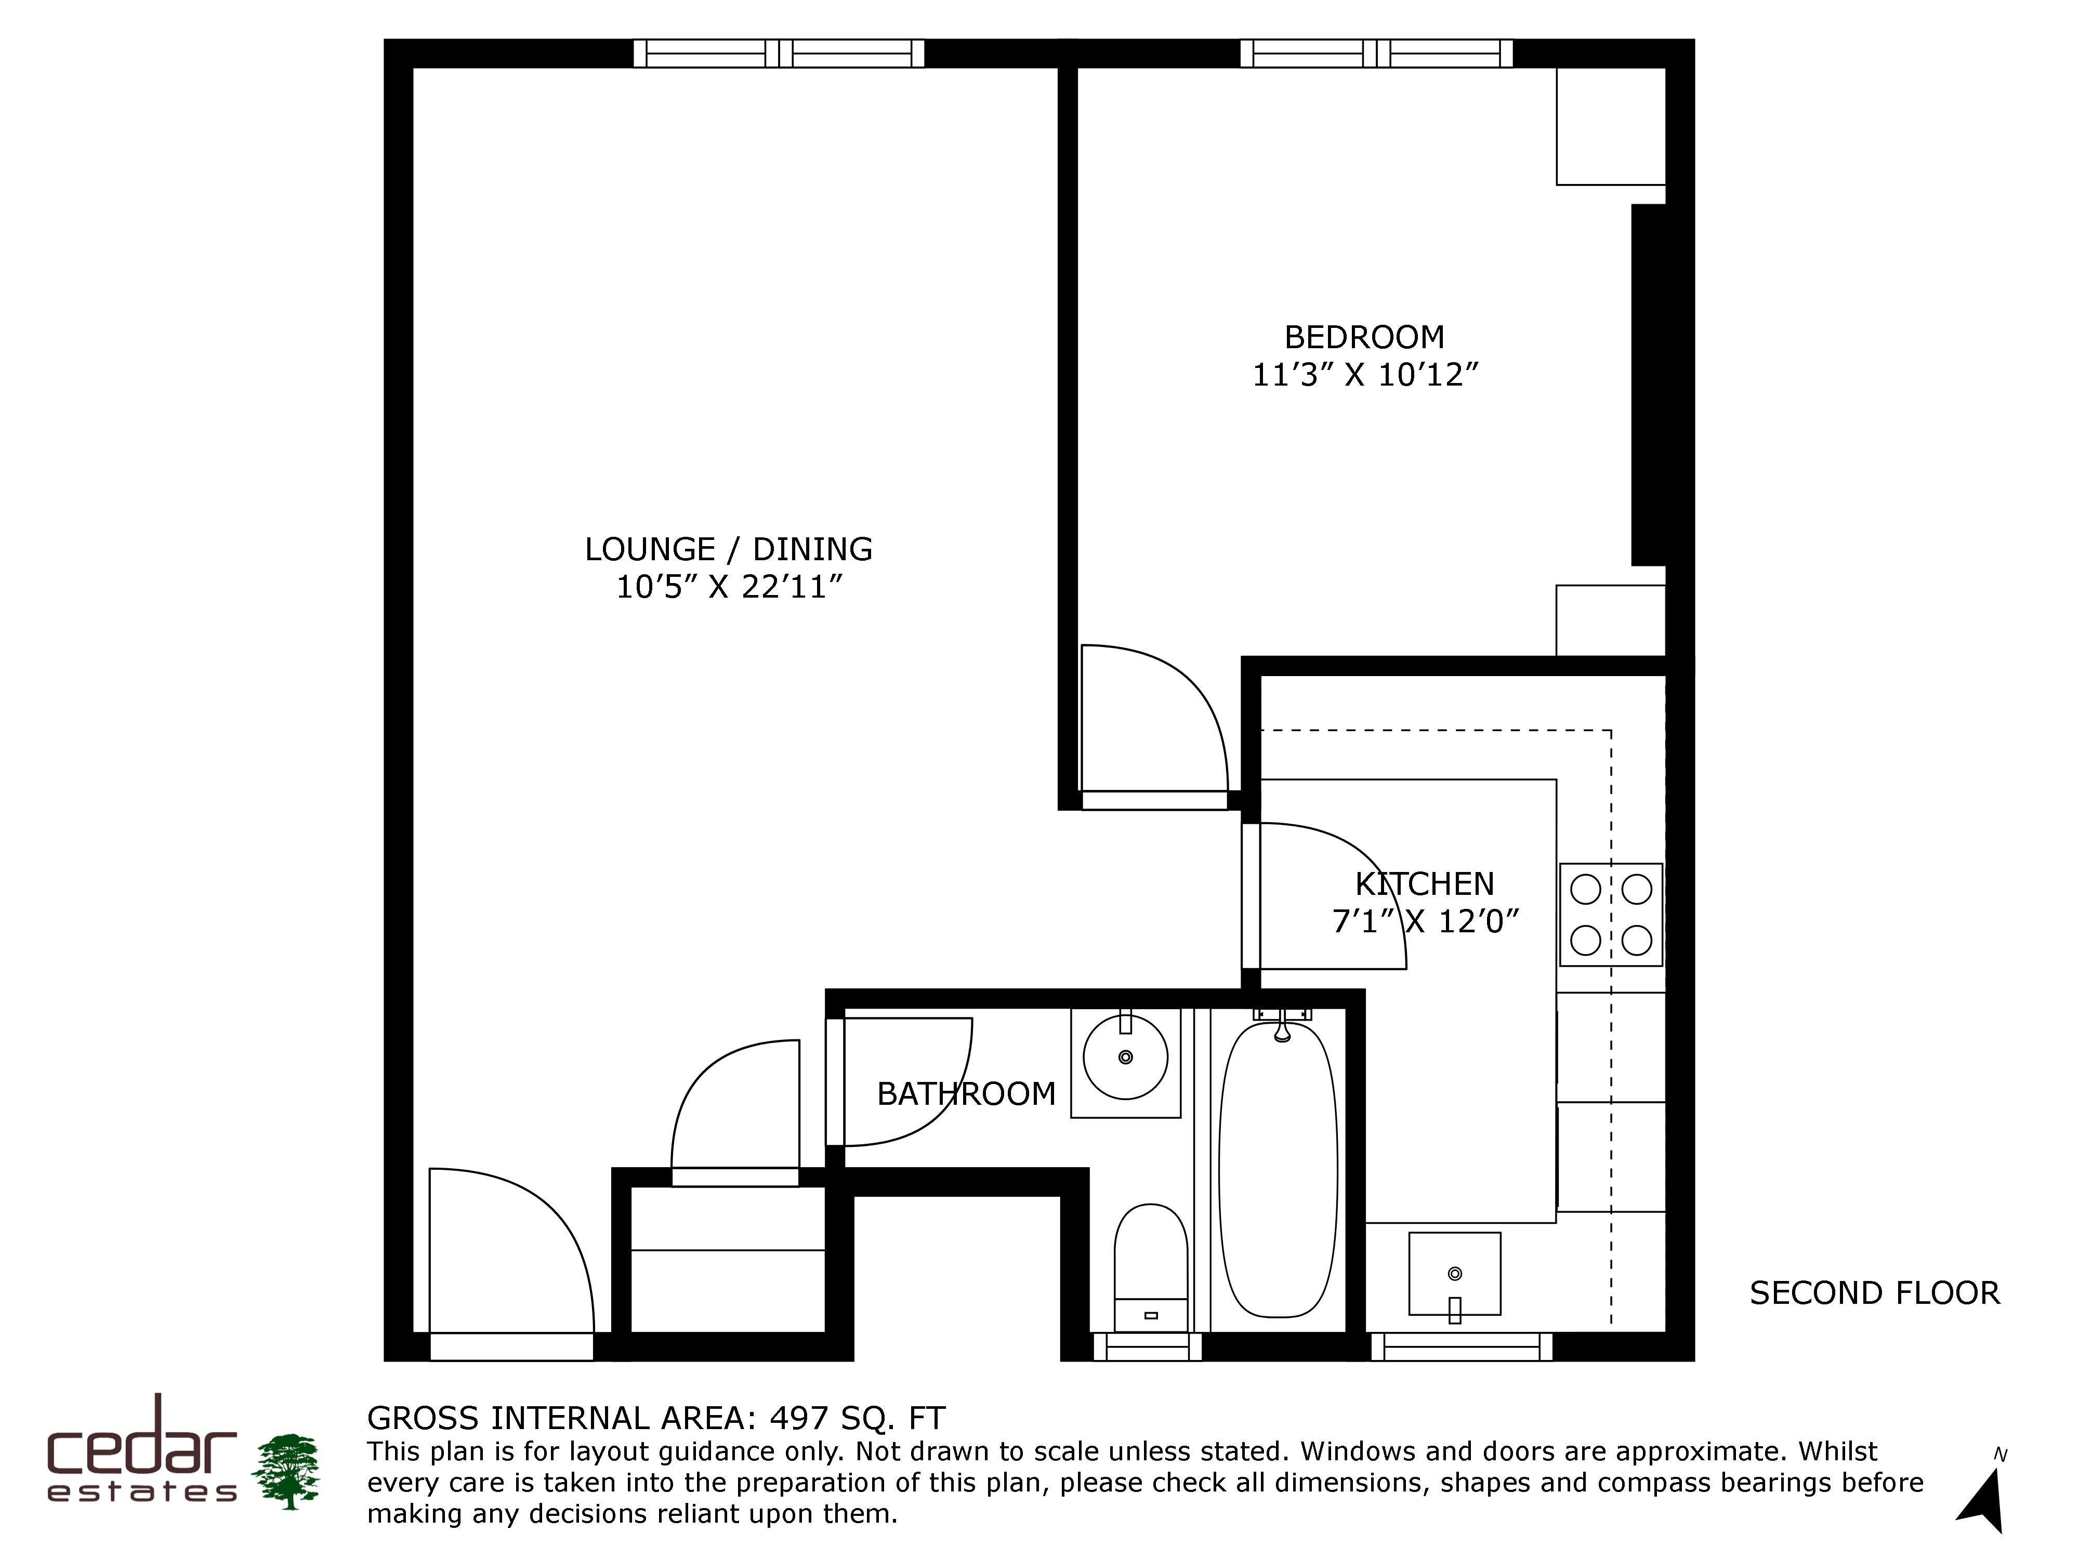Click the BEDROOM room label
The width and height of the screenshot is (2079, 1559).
(x=1364, y=336)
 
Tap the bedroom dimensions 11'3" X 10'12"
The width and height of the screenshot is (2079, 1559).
(x=1365, y=375)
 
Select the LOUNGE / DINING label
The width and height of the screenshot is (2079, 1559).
(x=728, y=549)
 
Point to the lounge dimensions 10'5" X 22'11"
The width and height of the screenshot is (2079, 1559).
(x=728, y=587)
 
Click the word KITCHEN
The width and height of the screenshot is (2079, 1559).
(x=1424, y=884)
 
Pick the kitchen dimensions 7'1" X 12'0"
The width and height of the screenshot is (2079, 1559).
(x=1425, y=922)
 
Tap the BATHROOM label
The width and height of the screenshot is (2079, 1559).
(x=966, y=1094)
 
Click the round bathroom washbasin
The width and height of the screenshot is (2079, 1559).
(x=1125, y=1057)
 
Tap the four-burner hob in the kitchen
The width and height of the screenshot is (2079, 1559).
(x=1611, y=914)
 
